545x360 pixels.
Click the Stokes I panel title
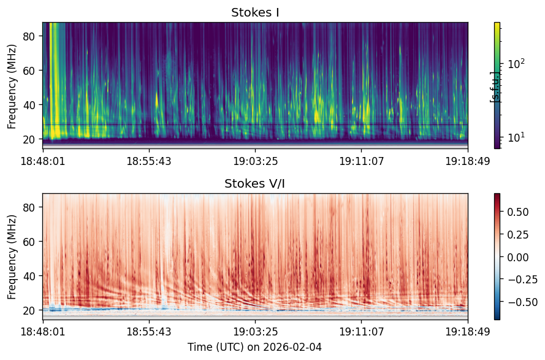tap(255, 12)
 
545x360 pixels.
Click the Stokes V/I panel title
tap(255, 183)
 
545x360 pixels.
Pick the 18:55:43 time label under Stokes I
tap(149, 161)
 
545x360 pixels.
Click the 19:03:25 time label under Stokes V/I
tap(255, 332)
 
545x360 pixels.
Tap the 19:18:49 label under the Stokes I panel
tap(468, 161)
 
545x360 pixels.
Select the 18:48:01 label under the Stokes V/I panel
tap(43, 332)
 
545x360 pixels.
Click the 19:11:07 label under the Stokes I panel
tap(362, 161)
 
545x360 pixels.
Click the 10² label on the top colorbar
tap(516, 64)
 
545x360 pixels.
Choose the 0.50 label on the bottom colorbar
tap(518, 212)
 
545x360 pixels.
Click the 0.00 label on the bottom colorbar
tap(518, 257)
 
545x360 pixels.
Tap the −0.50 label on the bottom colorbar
tap(523, 302)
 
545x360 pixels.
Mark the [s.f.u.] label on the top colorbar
tap(494, 87)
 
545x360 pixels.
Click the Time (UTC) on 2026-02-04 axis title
tap(255, 347)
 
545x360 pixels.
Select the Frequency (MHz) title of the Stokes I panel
tap(12, 86)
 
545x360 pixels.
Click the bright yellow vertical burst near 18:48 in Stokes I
tap(55, 80)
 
